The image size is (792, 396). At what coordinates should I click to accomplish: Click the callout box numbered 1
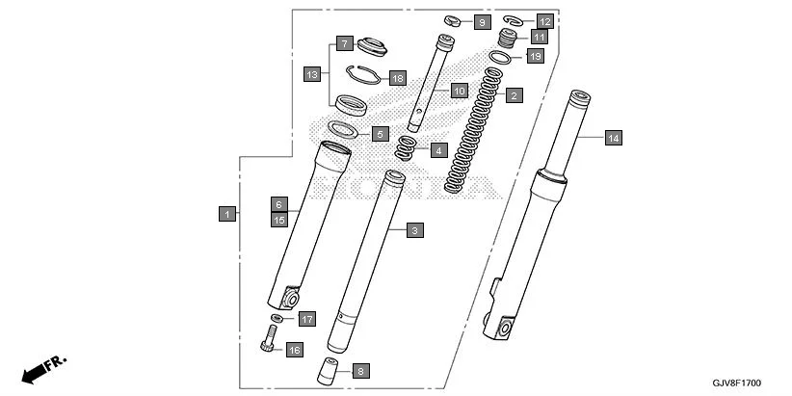coord(226,214)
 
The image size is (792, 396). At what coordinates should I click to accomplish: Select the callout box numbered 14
coord(613,138)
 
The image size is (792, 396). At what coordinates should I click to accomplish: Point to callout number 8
coord(359,370)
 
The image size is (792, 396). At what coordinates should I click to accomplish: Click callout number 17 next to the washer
coord(305,319)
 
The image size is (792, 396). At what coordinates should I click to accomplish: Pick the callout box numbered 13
coord(311,74)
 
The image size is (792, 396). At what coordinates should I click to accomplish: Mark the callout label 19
coord(536,57)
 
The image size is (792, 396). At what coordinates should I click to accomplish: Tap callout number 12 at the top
coord(544,20)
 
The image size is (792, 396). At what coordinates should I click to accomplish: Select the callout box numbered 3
coord(413,230)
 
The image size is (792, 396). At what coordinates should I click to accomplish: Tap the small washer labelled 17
coord(277,317)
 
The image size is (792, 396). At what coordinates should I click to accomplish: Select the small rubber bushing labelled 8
coord(330,368)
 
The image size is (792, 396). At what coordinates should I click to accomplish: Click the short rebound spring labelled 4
coord(409,149)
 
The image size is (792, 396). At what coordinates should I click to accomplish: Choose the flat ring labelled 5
coord(342,128)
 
